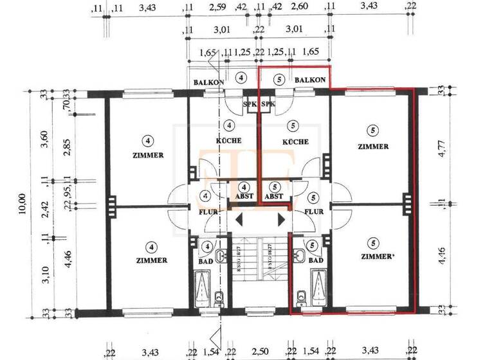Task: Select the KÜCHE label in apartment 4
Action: pos(228,141)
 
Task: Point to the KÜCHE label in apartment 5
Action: pos(295,141)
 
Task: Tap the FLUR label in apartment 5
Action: pos(313,211)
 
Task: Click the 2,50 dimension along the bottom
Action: pos(261,352)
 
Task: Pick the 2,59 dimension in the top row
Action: pos(217,8)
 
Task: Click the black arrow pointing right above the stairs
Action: pos(281,220)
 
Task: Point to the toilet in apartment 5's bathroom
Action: pos(302,296)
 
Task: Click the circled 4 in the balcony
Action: pos(241,78)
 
